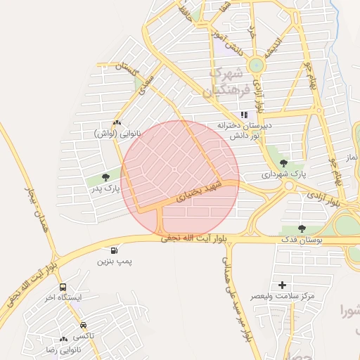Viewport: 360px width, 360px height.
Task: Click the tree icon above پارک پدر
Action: coord(105,178)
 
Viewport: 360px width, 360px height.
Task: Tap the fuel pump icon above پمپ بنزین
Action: coord(114,250)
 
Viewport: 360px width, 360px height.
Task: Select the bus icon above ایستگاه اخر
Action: coord(63,288)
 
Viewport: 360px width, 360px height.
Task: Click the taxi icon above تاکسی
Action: coord(84,326)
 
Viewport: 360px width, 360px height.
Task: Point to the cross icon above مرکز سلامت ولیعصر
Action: coord(283,285)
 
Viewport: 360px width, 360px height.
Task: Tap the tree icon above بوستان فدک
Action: coord(302,229)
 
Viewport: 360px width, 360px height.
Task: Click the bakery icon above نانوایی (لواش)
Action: coord(117,122)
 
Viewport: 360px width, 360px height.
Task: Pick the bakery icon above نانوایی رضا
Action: coord(64,339)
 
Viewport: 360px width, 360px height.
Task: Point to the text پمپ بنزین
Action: coord(115,262)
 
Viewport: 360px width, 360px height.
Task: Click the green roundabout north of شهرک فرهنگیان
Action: coord(256,65)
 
